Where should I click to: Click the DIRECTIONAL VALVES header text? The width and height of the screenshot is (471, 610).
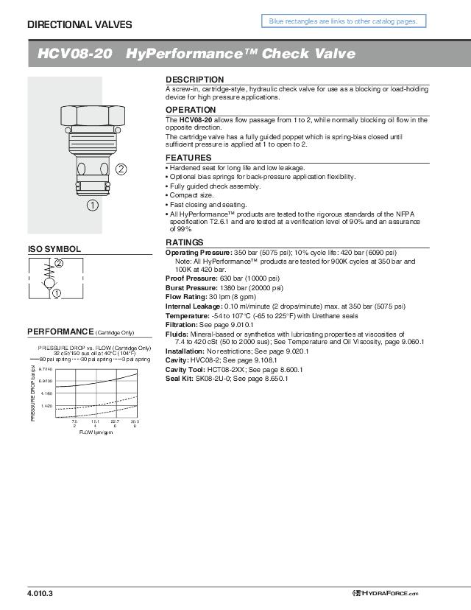tap(79, 24)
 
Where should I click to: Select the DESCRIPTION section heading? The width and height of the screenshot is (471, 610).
tap(194, 79)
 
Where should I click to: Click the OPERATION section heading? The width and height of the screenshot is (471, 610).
tap(191, 110)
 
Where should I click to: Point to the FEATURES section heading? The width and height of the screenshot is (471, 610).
tap(188, 158)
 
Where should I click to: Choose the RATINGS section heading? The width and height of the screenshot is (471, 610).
tap(185, 242)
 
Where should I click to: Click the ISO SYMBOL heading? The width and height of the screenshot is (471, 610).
tap(54, 249)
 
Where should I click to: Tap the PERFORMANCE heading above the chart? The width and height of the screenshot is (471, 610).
tap(61, 330)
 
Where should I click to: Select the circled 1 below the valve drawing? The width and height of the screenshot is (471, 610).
tap(93, 206)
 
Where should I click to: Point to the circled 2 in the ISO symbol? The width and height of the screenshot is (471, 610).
tap(59, 263)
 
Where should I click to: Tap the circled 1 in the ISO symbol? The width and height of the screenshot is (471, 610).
tap(57, 293)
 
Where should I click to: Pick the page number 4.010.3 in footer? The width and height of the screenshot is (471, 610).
tap(40, 593)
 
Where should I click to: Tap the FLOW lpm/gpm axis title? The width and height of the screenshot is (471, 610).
tap(96, 432)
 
